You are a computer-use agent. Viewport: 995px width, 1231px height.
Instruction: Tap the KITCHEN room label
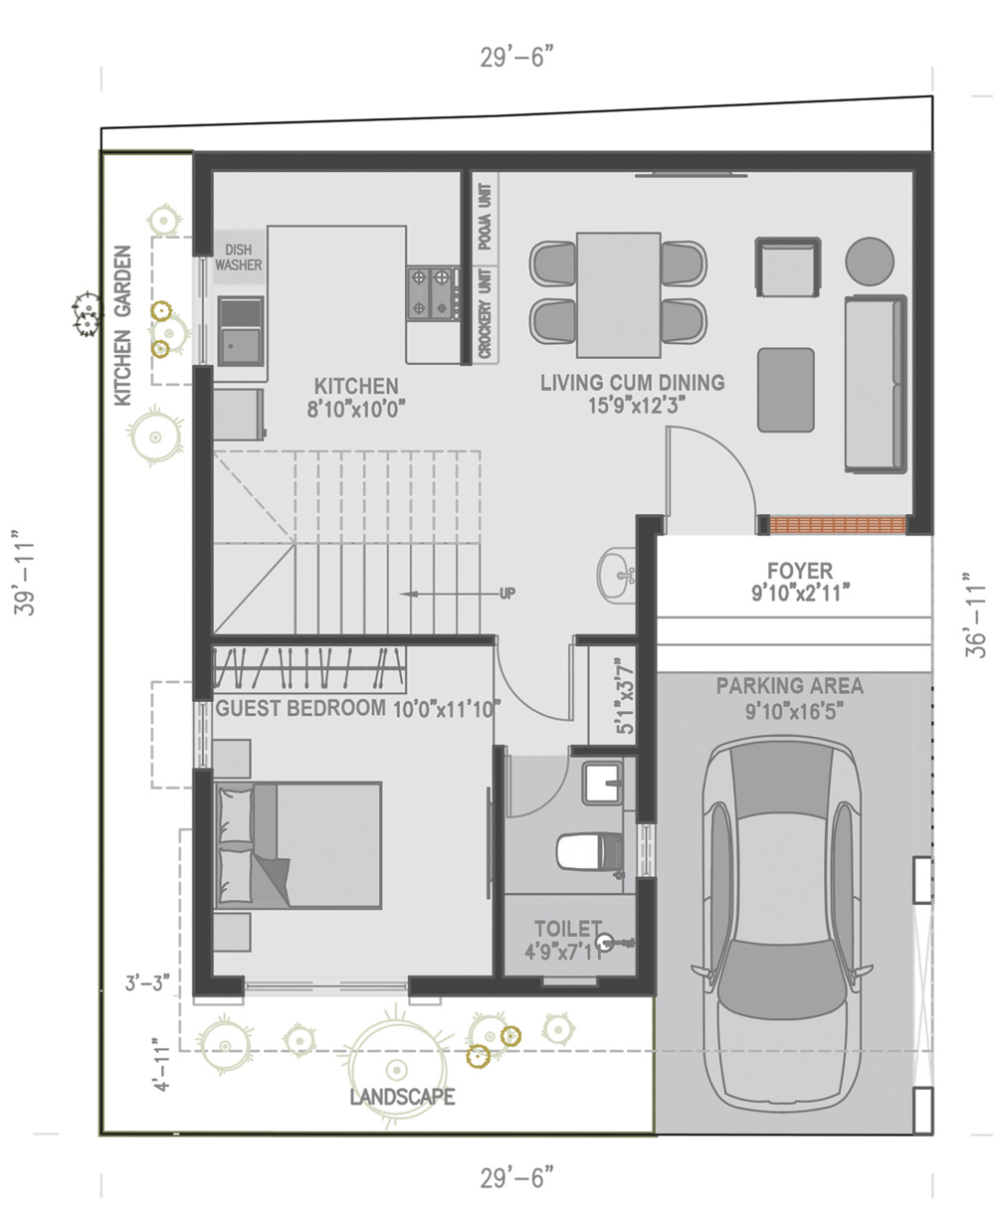356,386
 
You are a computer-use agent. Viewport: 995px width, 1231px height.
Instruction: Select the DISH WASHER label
238,258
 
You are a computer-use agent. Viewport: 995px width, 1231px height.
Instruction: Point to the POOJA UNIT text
486,217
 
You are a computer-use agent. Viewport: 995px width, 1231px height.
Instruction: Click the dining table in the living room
619,294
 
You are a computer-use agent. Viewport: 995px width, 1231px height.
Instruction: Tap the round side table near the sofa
870,261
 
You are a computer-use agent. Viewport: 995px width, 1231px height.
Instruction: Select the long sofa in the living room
876,384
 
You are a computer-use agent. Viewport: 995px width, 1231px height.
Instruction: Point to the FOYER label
800,571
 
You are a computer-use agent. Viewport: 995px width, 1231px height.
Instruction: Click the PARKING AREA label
790,686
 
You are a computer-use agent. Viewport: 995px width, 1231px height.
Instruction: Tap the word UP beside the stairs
507,594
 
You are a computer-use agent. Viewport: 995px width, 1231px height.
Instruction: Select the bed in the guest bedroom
298,845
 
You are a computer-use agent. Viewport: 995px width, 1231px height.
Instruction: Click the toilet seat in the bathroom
590,851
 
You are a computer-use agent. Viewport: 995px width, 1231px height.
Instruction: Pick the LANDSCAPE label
402,1097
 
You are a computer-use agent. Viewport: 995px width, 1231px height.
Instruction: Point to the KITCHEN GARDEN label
123,326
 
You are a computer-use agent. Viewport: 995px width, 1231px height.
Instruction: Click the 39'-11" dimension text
24,571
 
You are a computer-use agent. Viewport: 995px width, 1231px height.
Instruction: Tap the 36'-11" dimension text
975,615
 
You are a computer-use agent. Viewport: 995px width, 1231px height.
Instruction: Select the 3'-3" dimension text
148,982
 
